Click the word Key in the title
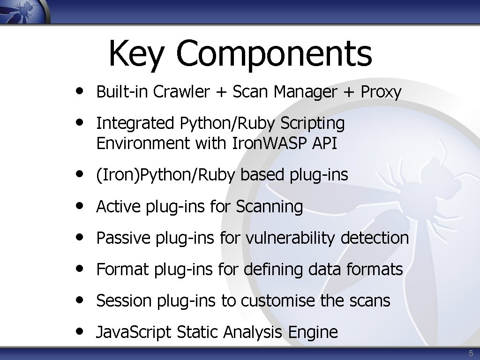136,54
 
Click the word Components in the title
274,54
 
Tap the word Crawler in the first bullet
181,92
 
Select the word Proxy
381,92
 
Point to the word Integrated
135,123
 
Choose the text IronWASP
270,143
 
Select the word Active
119,206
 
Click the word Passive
122,238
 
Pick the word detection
375,238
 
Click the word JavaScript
134,332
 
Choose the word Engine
313,332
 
